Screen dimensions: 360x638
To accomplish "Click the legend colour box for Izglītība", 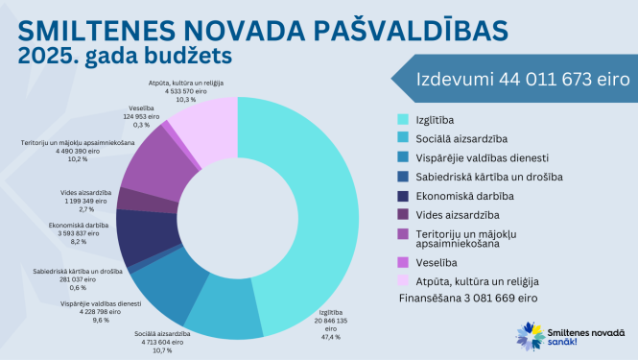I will click(403, 120).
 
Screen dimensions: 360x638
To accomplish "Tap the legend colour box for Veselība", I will click(403, 261).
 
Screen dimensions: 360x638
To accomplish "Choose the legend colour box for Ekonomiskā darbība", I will click(403, 195).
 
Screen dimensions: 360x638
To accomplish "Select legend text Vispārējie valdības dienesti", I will click(481, 157).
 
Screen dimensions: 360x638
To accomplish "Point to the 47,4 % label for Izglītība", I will click(331, 336).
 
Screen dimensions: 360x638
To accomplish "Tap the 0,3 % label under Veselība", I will click(142, 125).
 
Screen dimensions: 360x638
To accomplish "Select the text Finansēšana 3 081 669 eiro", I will click(467, 299).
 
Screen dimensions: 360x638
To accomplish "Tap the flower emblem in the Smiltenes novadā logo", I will click(532, 336).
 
